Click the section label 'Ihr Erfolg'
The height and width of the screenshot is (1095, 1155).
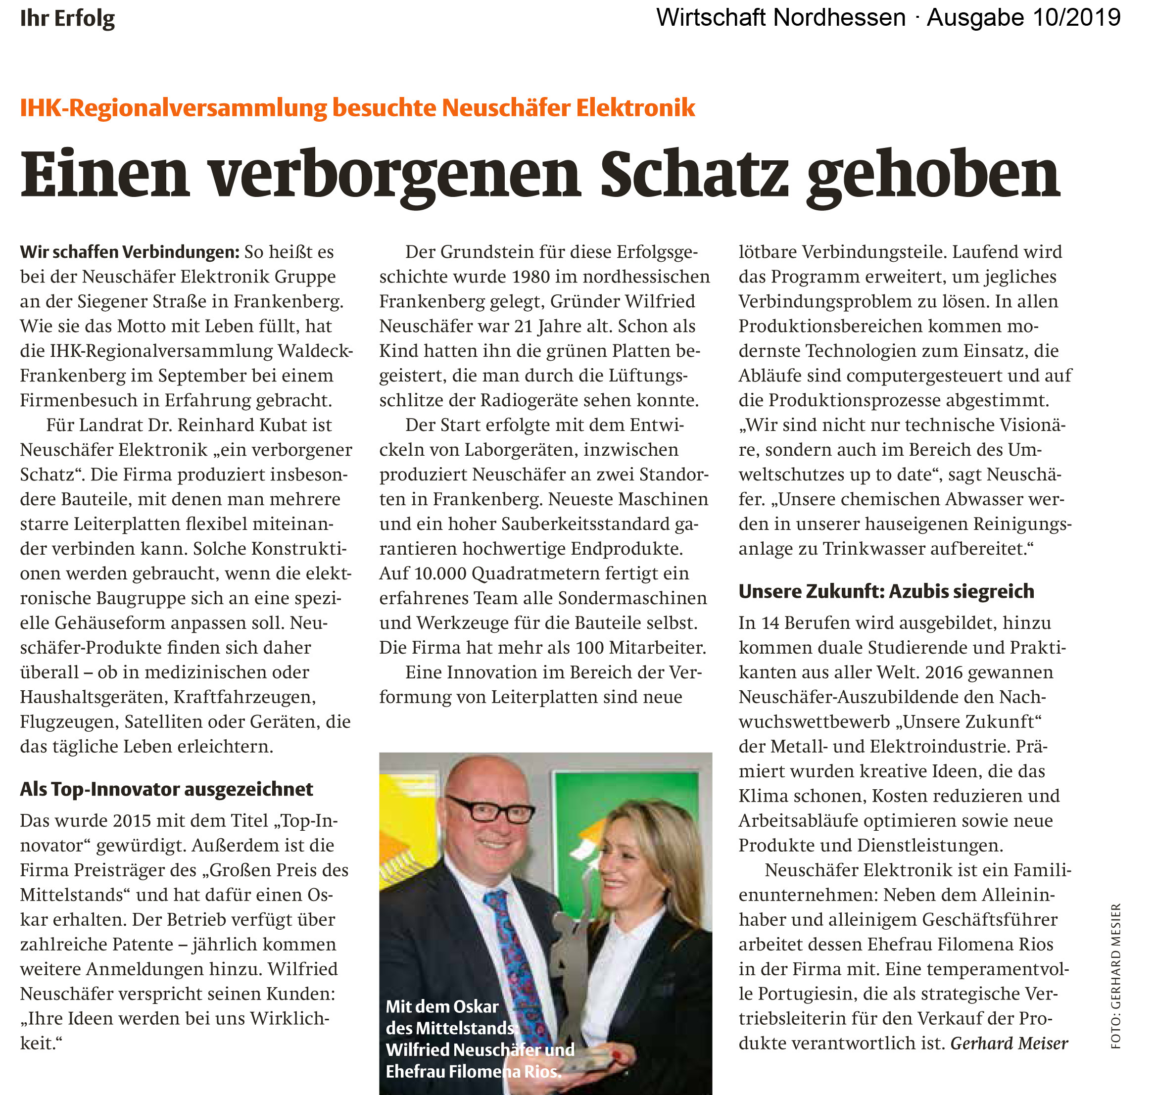click(x=67, y=19)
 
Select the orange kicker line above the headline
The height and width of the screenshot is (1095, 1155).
click(x=357, y=108)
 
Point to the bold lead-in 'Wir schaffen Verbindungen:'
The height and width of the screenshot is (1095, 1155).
click(x=130, y=252)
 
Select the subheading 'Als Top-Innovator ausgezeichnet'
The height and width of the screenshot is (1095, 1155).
click(x=166, y=789)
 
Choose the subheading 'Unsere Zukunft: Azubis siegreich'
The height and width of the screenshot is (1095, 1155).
click(x=886, y=591)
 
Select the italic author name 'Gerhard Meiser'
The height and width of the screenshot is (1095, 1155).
click(x=1009, y=1043)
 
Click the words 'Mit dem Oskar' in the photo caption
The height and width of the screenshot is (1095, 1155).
click(x=442, y=1006)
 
